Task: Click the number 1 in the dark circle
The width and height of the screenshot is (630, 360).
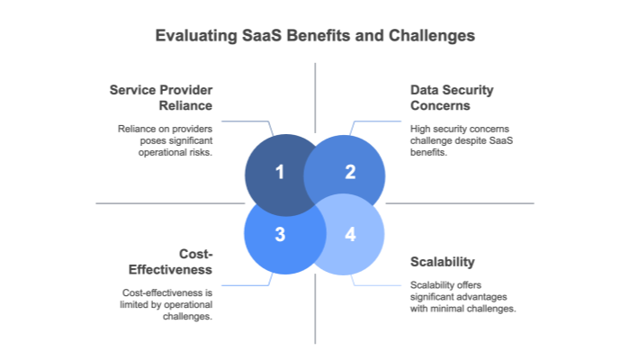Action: (279, 171)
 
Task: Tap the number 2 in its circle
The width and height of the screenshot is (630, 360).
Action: (350, 171)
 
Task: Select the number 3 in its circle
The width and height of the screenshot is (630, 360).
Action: (279, 235)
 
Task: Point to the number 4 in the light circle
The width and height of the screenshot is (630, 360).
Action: (350, 235)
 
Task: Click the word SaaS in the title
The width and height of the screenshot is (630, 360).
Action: (259, 37)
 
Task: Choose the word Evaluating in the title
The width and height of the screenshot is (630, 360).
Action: (193, 37)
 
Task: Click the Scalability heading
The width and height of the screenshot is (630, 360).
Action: (442, 262)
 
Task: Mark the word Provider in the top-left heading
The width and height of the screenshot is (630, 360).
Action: (188, 90)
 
